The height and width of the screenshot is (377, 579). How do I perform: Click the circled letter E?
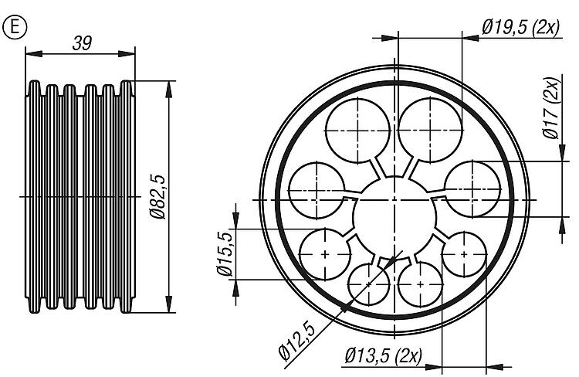click(15, 27)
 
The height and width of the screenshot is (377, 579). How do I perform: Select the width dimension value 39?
click(82, 43)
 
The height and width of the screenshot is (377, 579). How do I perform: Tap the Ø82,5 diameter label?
click(158, 197)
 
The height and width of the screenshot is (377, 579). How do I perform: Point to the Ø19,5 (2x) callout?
click(520, 27)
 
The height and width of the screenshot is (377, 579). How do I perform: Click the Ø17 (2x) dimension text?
click(551, 108)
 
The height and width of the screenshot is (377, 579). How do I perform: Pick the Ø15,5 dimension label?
click(225, 253)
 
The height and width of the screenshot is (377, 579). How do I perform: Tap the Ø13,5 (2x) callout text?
click(383, 356)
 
